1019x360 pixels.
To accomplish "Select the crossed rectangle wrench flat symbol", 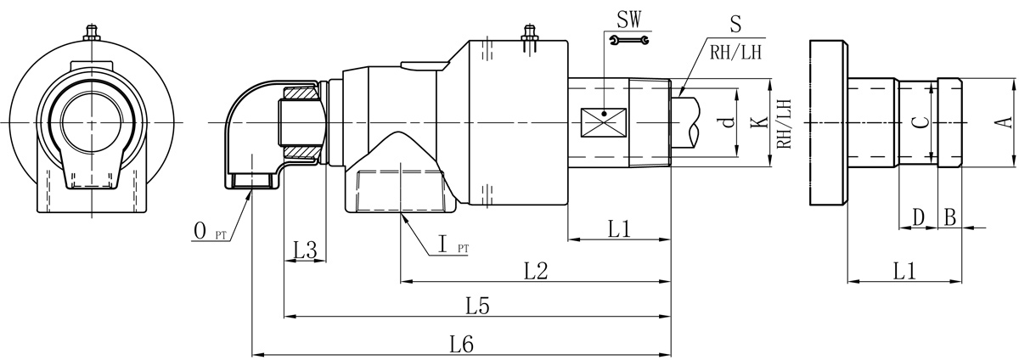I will [x=604, y=123].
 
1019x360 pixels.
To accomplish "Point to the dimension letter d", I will [x=725, y=122].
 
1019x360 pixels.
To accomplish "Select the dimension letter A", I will [x=1003, y=121].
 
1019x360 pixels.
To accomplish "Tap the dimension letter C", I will [x=918, y=121].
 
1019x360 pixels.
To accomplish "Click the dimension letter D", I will [x=918, y=218].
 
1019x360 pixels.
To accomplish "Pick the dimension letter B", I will [x=949, y=218].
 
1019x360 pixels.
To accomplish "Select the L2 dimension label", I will [x=536, y=271].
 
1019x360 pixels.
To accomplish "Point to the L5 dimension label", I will [x=477, y=306].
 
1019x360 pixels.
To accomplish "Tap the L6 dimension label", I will [x=462, y=344].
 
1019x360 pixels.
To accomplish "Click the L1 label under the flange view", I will [x=904, y=271].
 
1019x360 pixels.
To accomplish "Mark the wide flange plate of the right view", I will [x=827, y=121].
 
